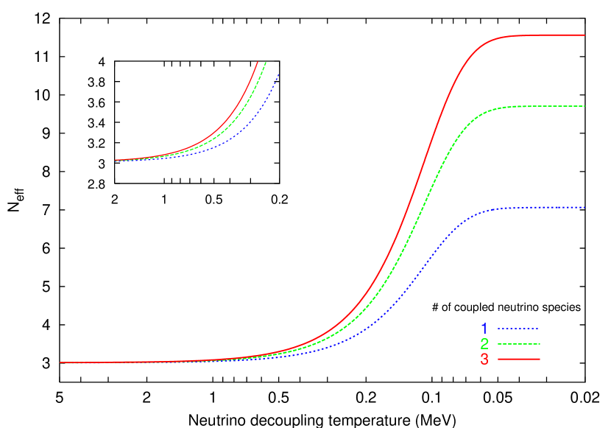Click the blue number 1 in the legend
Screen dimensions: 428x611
tap(484, 329)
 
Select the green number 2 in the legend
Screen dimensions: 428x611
tap(484, 344)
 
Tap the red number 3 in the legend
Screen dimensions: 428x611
tap(484, 359)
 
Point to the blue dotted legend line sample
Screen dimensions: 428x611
tap(518, 329)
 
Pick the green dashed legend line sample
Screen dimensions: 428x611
tap(518, 344)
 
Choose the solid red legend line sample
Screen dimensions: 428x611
tap(518, 359)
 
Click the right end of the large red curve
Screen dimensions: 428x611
tap(584, 35)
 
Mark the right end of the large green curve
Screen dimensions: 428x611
tap(584, 106)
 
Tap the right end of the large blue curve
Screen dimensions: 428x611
tap(584, 208)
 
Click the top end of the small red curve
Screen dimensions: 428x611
tap(257, 63)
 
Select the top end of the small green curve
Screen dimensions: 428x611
tap(266, 63)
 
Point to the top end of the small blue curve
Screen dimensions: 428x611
tap(279, 74)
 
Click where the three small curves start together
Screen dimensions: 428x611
tap(116, 160)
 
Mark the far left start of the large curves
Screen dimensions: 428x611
tap(60, 362)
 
